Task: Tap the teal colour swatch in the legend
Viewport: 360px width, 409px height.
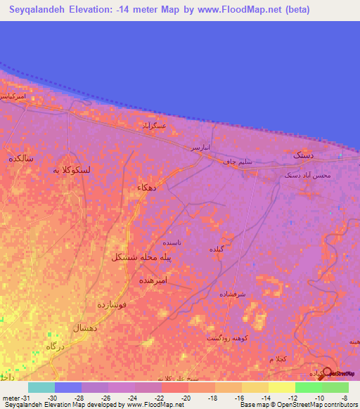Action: pos(41,387)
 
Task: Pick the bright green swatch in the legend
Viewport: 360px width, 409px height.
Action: pos(308,387)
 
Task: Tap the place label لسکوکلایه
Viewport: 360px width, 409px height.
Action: pos(73,169)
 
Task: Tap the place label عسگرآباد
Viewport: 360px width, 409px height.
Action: pos(154,125)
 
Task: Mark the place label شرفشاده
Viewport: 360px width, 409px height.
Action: pos(251,294)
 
